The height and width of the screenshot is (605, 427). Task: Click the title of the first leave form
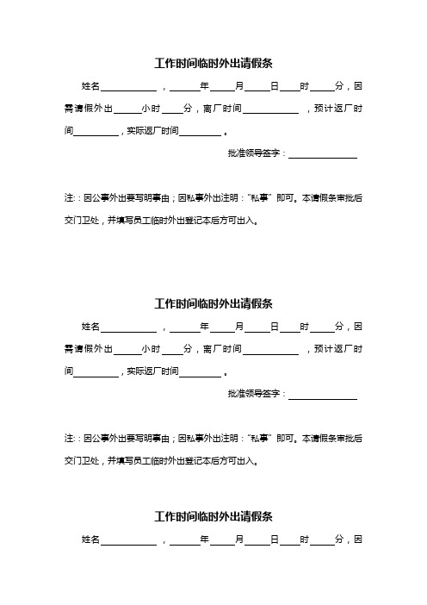[x=213, y=63]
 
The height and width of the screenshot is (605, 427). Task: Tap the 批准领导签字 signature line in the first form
[x=322, y=155]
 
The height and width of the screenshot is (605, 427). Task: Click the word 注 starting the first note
[x=68, y=197]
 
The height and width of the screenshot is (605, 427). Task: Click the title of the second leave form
[x=213, y=303]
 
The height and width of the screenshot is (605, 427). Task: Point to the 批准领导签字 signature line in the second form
[x=322, y=396]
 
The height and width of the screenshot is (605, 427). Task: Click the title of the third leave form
[x=213, y=517]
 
